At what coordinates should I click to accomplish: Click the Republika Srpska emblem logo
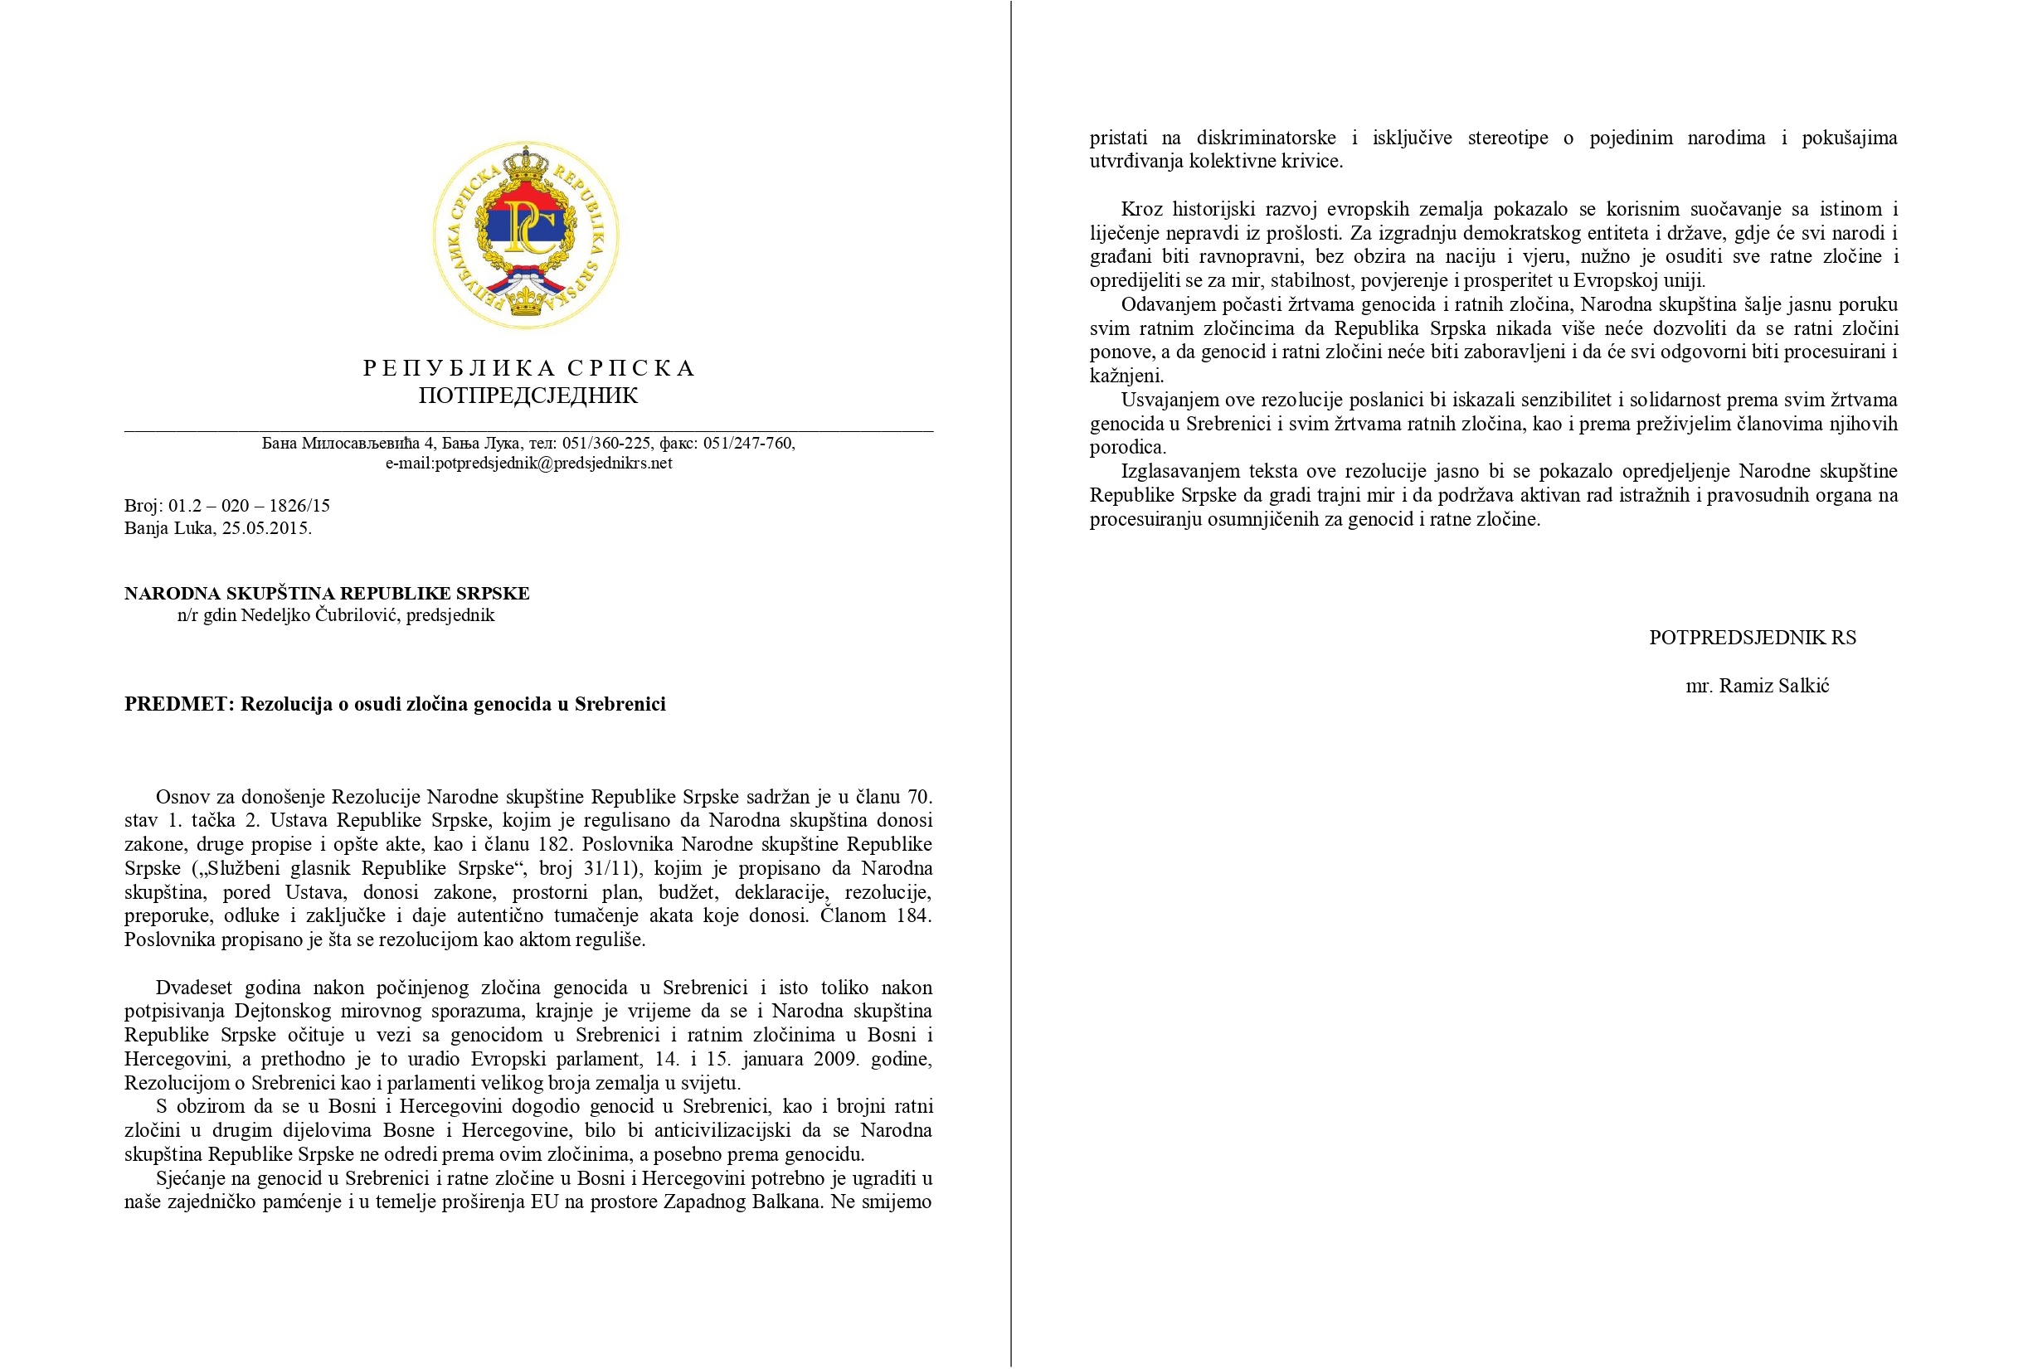click(x=526, y=235)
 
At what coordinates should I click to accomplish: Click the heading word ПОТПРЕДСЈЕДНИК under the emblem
click(x=528, y=396)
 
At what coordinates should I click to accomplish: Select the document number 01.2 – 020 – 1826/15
click(x=249, y=506)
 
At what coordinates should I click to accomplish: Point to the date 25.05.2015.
click(x=266, y=528)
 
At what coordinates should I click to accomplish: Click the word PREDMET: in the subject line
click(x=179, y=704)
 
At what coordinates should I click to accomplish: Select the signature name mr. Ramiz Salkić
click(x=1757, y=686)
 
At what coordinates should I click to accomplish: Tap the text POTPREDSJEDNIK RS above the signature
click(x=1752, y=637)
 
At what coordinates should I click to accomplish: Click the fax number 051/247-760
click(x=748, y=443)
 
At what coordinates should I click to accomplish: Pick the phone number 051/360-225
click(x=605, y=443)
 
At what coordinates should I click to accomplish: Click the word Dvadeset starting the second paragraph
click(x=193, y=988)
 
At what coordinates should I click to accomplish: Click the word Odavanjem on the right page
click(x=1164, y=304)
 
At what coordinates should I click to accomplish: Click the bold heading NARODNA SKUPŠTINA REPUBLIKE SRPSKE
click(x=327, y=594)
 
